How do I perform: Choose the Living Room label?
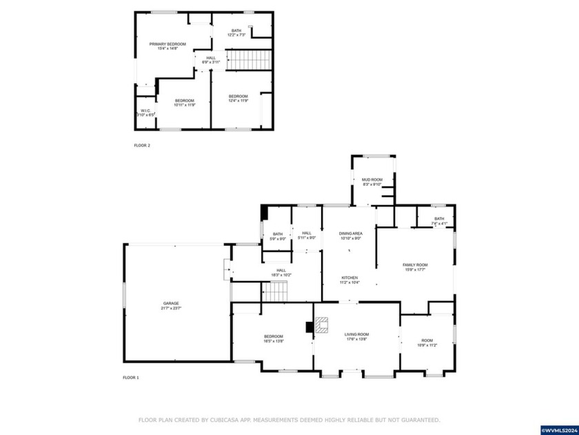point(357,336)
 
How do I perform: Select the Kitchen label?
point(349,280)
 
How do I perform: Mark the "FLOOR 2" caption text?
point(142,146)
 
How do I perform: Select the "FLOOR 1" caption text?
point(131,378)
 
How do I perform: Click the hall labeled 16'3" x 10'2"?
point(281,273)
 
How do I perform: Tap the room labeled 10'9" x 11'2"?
point(427,342)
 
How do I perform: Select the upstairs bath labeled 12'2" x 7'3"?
point(236,32)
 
